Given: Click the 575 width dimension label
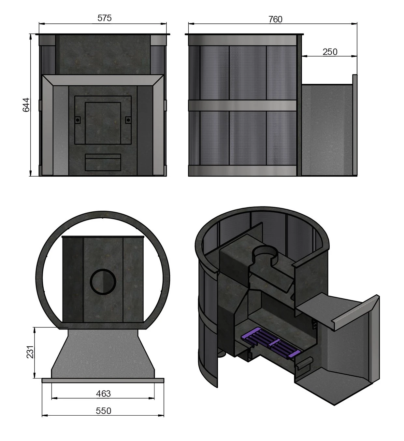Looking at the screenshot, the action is [x=104, y=18].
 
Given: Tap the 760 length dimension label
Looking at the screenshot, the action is [x=275, y=19].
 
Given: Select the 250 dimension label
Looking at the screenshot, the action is [x=330, y=52].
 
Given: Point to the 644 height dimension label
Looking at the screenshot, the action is [x=26, y=105].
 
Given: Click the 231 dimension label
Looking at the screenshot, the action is [x=30, y=352].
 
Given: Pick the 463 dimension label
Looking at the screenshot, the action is [x=103, y=394].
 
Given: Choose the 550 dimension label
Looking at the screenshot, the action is [x=103, y=411].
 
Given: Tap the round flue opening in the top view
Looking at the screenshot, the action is [x=103, y=282].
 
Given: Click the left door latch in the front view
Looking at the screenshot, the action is [x=78, y=120].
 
